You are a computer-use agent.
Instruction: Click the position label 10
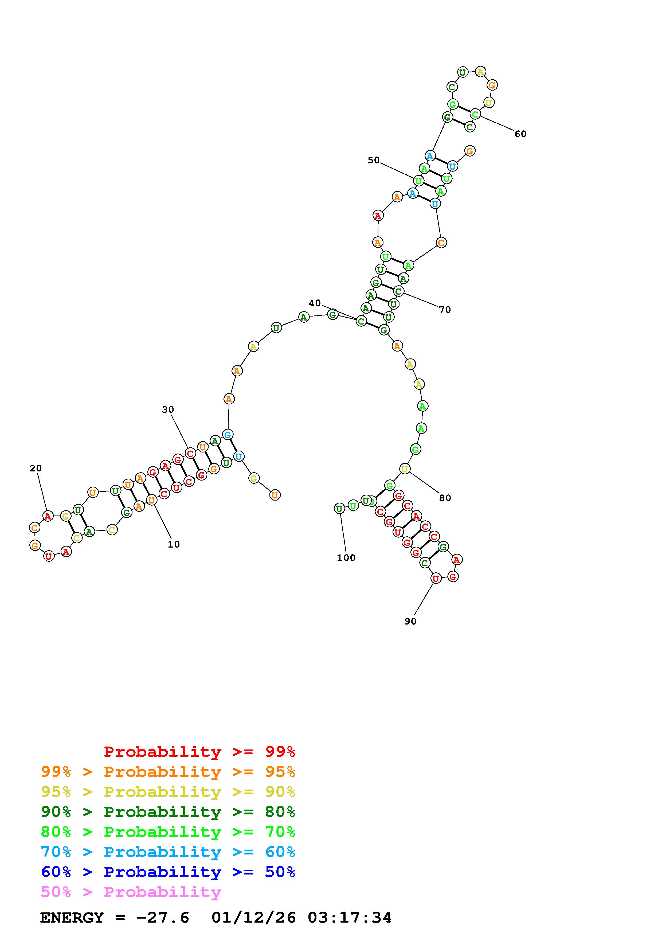174,544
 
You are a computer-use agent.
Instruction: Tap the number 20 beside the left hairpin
36,468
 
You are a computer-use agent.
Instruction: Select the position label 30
168,410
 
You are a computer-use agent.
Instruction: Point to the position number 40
315,303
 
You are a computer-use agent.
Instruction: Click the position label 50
374,160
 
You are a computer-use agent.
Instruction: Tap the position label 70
445,310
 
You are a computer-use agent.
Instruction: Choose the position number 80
445,498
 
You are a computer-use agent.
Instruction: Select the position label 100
346,558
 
